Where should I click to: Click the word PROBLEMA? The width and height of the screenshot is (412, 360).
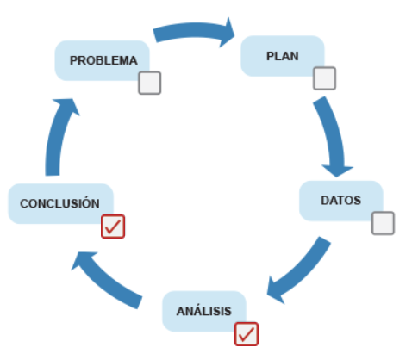(x=103, y=60)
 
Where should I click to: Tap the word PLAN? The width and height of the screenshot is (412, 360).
(x=283, y=56)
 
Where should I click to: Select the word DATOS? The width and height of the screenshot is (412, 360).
(x=340, y=201)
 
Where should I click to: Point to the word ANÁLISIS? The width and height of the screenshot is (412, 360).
(x=204, y=311)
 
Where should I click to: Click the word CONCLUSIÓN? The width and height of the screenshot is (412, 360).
(x=59, y=202)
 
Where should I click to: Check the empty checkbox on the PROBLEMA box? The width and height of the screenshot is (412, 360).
(x=150, y=83)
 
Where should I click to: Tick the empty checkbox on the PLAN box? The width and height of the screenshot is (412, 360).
(x=324, y=78)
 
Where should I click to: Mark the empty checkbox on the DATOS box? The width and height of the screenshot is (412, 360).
(x=383, y=223)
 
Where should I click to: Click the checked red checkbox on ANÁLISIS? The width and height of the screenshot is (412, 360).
(x=247, y=334)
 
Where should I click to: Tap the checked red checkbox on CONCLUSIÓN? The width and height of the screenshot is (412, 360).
(x=113, y=227)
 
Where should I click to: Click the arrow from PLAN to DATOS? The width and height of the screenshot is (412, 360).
(x=334, y=135)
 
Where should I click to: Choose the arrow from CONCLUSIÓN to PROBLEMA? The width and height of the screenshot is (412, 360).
(x=54, y=135)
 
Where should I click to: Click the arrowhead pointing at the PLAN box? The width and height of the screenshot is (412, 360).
(x=227, y=33)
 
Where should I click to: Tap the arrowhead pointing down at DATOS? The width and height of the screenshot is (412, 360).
(x=337, y=171)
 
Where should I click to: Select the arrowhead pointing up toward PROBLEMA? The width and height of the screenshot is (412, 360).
(x=66, y=106)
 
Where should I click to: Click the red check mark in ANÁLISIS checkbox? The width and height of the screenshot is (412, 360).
(x=247, y=334)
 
